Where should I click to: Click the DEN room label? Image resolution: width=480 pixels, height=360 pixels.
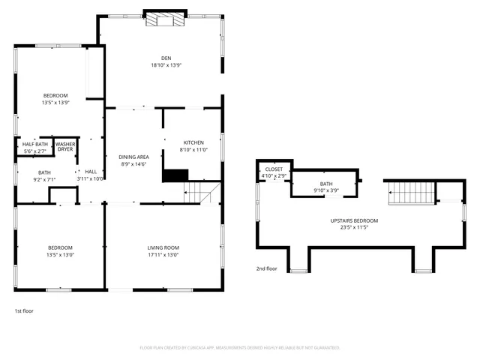pos(166,58)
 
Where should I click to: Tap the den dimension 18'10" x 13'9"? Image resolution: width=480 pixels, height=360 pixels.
pos(166,65)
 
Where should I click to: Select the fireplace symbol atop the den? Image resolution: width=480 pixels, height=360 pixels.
pos(164,19)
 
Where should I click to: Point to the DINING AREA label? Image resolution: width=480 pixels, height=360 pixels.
pos(134,157)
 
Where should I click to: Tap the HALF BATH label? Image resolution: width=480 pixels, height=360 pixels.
pos(34,145)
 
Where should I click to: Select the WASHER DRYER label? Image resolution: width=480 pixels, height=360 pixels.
pos(65,146)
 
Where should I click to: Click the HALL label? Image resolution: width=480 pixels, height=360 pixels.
pos(91,171)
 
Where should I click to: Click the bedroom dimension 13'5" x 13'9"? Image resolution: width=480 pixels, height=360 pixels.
pos(55,103)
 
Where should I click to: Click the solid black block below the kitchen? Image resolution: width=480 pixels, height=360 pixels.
pos(175,175)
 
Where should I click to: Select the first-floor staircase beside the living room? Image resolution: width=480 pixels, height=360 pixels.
pos(200,193)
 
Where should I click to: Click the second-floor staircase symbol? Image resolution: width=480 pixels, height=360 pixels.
pos(409,193)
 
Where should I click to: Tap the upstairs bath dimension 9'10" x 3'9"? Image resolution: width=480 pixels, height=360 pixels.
pos(325,190)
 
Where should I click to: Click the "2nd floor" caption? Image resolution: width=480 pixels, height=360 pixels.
pos(266,268)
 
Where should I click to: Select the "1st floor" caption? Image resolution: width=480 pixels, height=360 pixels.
pos(24,310)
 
